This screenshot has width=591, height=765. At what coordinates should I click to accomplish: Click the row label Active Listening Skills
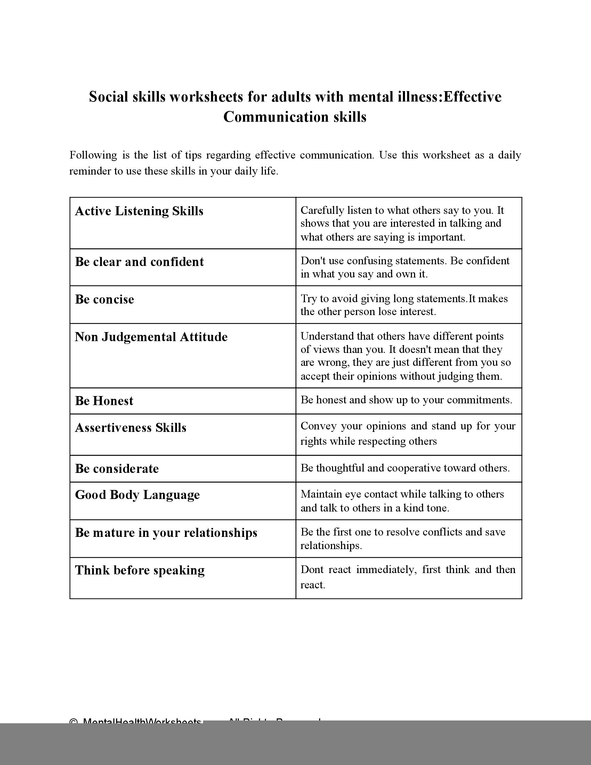pyautogui.click(x=139, y=211)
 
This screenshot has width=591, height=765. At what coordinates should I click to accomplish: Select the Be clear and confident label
pyautogui.click(x=139, y=262)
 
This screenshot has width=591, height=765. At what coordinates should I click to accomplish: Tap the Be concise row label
pyautogui.click(x=104, y=299)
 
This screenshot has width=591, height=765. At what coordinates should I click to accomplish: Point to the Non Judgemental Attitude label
pyautogui.click(x=151, y=337)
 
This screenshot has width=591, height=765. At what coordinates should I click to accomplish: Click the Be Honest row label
pyautogui.click(x=104, y=401)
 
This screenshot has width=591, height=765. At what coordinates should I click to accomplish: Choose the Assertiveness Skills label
pyautogui.click(x=131, y=428)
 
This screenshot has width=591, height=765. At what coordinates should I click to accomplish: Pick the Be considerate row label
pyautogui.click(x=116, y=469)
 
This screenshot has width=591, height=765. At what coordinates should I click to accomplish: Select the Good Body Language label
pyautogui.click(x=137, y=495)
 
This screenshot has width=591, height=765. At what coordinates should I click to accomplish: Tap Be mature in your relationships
pyautogui.click(x=166, y=533)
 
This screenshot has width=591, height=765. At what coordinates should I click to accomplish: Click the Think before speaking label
pyautogui.click(x=140, y=570)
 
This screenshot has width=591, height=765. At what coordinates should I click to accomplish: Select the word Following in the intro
pyautogui.click(x=93, y=155)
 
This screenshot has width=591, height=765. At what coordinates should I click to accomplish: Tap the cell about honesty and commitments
pyautogui.click(x=406, y=400)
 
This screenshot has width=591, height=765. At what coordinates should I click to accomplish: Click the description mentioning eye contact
pyautogui.click(x=402, y=501)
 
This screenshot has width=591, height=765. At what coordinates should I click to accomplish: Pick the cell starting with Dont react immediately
pyautogui.click(x=408, y=577)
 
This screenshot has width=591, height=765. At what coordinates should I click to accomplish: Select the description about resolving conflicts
pyautogui.click(x=403, y=539)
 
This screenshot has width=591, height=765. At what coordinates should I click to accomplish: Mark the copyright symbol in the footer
pyautogui.click(x=73, y=722)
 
